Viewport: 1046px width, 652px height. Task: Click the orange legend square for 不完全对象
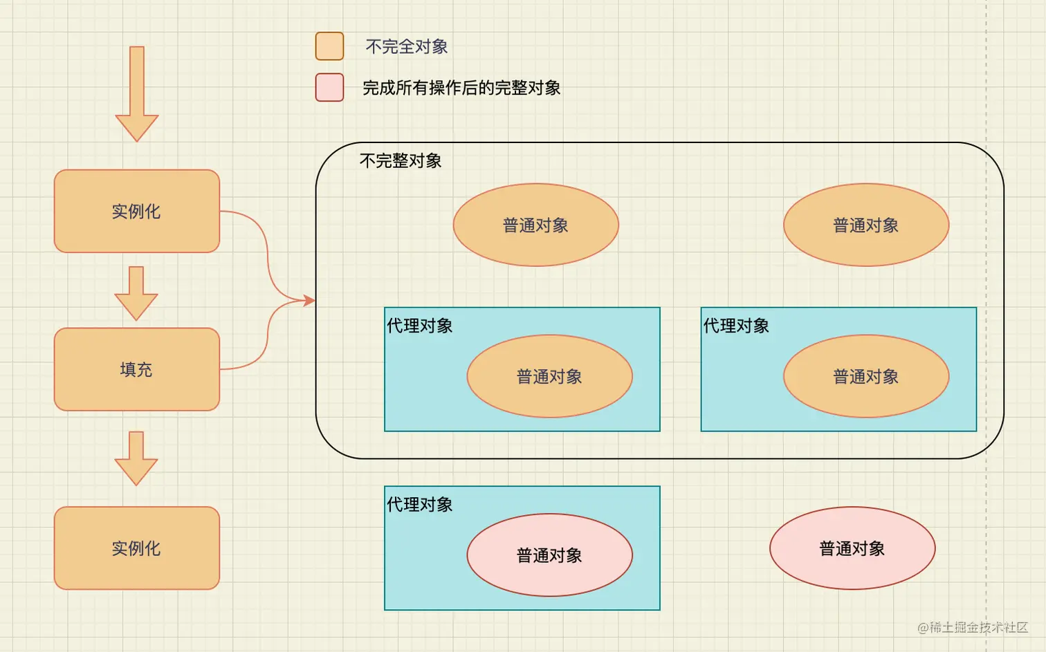pos(329,46)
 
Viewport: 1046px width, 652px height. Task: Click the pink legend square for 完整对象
pos(329,88)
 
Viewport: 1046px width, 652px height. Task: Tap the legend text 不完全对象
pos(406,47)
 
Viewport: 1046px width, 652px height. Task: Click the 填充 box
pos(137,369)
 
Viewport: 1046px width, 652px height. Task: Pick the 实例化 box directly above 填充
pos(137,211)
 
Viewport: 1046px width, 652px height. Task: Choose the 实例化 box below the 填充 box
pos(137,548)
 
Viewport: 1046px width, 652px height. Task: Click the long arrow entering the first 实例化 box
pos(137,93)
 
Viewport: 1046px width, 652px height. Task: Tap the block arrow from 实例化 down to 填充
pos(136,292)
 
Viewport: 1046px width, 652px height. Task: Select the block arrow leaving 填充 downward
pos(136,458)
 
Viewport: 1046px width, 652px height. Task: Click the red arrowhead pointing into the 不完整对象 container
pos(308,300)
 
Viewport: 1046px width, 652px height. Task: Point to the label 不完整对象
pos(401,161)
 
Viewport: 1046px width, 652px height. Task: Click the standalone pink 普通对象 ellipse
pos(852,548)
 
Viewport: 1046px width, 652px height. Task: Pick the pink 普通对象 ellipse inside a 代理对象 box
pos(549,555)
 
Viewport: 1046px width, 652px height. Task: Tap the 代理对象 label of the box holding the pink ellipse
pos(419,505)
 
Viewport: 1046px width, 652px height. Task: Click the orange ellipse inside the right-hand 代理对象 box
pos(865,376)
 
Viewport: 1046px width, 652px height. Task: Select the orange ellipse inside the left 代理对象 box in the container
pos(549,376)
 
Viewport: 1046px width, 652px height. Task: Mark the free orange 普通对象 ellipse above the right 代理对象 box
pos(865,225)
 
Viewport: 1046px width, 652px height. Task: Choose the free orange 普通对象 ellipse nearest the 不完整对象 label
pos(535,225)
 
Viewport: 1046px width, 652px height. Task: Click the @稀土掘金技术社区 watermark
pos(972,627)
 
